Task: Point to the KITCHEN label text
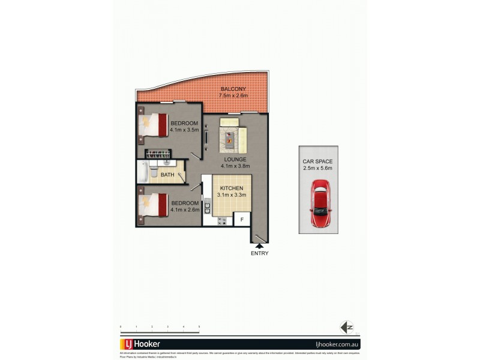click(x=230, y=188)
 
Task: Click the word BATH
click(x=167, y=175)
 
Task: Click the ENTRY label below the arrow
click(x=260, y=253)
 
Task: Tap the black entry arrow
click(x=260, y=244)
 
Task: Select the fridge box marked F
click(x=242, y=220)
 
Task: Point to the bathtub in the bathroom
click(x=143, y=171)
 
